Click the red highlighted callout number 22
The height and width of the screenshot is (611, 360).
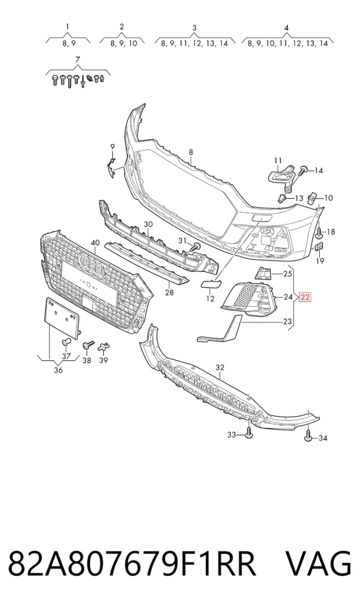pyautogui.click(x=305, y=298)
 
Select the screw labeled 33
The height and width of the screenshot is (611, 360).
pyautogui.click(x=248, y=433)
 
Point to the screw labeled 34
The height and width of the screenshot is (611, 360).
pyautogui.click(x=308, y=436)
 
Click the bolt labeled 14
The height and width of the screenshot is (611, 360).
pyautogui.click(x=303, y=169)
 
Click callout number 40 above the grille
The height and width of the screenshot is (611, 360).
pyautogui.click(x=95, y=242)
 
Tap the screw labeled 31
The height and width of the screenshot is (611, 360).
pyautogui.click(x=195, y=246)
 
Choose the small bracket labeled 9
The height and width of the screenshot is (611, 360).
pyautogui.click(x=112, y=167)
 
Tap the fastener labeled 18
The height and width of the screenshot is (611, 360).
pyautogui.click(x=319, y=233)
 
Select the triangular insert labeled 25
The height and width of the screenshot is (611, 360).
pyautogui.click(x=263, y=273)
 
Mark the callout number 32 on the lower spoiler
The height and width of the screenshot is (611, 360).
pyautogui.click(x=220, y=367)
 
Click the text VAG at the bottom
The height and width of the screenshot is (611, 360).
pyautogui.click(x=319, y=563)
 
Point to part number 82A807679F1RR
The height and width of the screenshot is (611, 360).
pyautogui.click(x=132, y=563)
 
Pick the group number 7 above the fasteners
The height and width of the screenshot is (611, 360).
pyautogui.click(x=77, y=59)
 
